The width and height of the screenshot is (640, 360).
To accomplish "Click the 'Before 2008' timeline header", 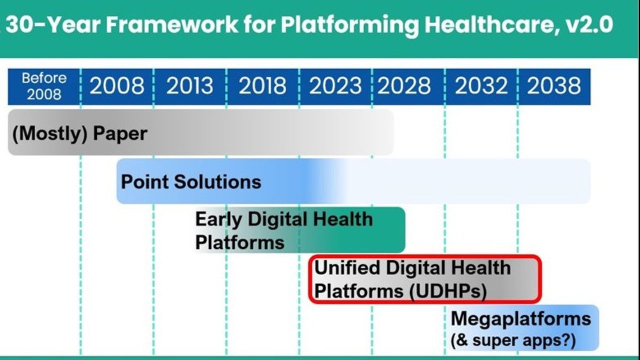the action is point(44,86).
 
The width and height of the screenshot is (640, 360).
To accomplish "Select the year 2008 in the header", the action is point(117,85).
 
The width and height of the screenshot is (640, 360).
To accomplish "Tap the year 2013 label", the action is point(189,85).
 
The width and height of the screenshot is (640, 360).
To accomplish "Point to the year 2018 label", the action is point(262,85).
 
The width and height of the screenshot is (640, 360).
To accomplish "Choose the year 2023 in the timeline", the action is point(335,85).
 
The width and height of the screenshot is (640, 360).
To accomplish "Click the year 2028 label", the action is point(404,85).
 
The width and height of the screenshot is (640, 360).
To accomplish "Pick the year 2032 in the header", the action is point(481,85).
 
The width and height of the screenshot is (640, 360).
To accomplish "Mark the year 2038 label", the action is point(553,85).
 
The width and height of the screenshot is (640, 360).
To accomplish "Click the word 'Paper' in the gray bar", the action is point(120,133).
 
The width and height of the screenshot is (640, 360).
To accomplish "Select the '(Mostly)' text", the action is point(49,133).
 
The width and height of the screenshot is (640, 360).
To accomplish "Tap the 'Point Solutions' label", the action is point(191,181).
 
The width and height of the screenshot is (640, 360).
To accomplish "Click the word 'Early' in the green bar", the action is point(218,220).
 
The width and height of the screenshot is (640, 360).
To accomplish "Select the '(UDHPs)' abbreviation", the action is point(447,291).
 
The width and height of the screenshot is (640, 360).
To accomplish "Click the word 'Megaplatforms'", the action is point(520,319).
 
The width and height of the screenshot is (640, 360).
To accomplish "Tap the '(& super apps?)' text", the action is point(513,340).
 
